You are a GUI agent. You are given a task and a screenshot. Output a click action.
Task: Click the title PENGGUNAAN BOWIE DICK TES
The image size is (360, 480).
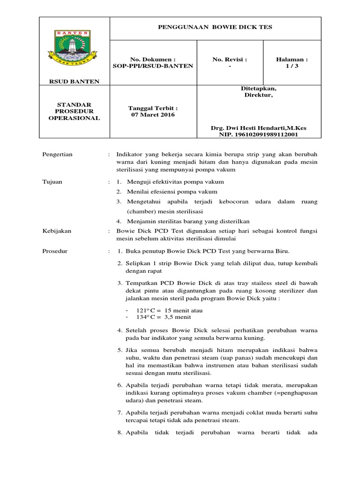[x=216, y=28]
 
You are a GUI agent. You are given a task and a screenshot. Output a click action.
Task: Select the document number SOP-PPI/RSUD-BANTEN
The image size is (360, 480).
[x=153, y=66]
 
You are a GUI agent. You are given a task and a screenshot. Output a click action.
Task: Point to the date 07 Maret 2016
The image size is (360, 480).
[x=153, y=115]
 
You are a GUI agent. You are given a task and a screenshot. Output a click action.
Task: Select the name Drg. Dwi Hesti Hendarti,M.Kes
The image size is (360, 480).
[x=259, y=127]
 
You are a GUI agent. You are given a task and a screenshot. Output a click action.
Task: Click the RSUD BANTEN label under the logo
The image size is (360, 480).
[x=75, y=82]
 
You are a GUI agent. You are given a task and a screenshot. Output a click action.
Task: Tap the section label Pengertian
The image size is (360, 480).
[x=58, y=155]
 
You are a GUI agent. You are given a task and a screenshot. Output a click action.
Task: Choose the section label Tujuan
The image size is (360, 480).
[x=52, y=181]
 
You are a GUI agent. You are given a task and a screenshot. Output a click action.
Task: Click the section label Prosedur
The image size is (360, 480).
[x=55, y=251]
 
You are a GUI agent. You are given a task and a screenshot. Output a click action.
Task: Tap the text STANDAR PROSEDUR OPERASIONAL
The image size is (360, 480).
[x=75, y=111]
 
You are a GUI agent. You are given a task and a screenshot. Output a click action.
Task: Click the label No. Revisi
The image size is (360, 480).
[x=230, y=60]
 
